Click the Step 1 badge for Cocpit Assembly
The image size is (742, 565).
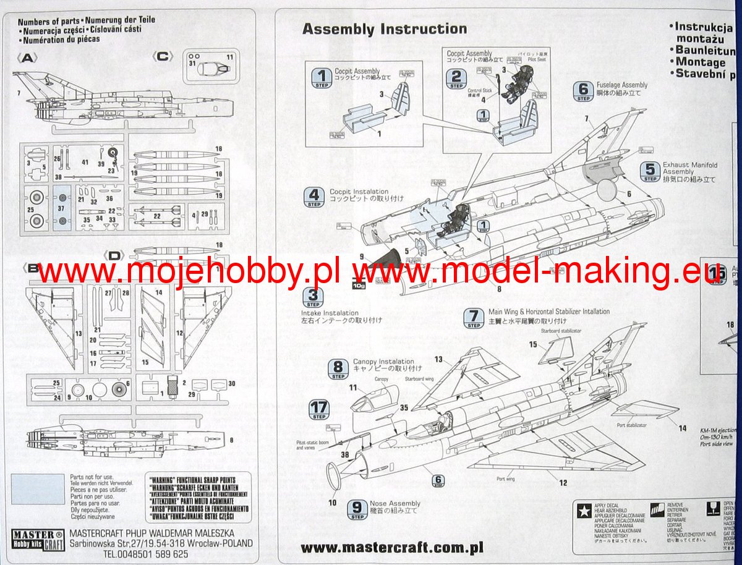[321, 78]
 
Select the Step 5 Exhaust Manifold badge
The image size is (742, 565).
[650, 171]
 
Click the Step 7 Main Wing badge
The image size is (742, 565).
[474, 318]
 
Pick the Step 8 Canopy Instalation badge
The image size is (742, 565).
[338, 368]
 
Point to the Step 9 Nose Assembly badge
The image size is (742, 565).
[357, 509]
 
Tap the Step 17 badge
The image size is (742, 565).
[320, 410]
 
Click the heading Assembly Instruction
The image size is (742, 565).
[384, 29]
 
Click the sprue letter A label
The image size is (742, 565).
[29, 58]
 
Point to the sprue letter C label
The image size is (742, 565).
[163, 57]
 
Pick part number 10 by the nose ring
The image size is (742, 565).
[333, 503]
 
